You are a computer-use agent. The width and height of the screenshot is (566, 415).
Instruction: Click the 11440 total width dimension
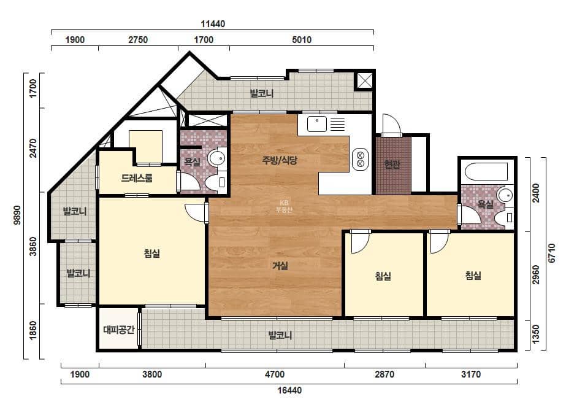pos(213,24)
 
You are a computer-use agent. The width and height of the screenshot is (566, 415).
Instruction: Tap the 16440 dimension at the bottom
pos(289,390)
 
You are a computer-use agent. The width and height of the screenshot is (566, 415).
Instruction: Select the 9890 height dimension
pos(17,215)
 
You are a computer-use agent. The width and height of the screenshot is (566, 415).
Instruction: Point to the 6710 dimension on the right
pos(551,253)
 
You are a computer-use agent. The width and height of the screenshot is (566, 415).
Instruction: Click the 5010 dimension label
pos(302,40)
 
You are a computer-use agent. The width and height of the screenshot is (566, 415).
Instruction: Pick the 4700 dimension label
pos(275,374)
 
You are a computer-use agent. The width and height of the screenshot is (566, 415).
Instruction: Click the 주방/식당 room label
pos(280,160)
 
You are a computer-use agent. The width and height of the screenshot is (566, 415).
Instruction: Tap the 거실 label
pos(280,266)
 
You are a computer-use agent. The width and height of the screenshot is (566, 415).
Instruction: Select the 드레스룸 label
pos(137,178)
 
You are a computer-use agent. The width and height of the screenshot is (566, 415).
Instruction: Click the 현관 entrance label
pos(392,165)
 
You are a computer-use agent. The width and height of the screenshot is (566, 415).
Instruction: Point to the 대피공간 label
pos(119,330)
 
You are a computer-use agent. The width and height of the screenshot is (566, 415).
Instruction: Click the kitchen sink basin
pos(317,124)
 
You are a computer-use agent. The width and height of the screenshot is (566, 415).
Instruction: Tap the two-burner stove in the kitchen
pos(360,159)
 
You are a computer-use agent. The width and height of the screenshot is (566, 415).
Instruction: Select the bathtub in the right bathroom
pos(486,171)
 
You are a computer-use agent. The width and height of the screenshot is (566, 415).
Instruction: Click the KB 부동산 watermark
pos(284,206)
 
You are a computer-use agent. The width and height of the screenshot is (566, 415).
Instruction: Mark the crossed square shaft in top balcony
pos(365,80)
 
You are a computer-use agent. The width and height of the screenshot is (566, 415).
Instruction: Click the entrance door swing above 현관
pos(391,125)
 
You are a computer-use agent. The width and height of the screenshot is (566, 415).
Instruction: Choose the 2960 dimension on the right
pos(536,275)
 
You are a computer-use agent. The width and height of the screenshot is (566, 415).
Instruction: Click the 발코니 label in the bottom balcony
pos(280,335)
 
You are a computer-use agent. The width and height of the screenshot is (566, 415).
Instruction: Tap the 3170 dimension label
pos(471,374)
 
